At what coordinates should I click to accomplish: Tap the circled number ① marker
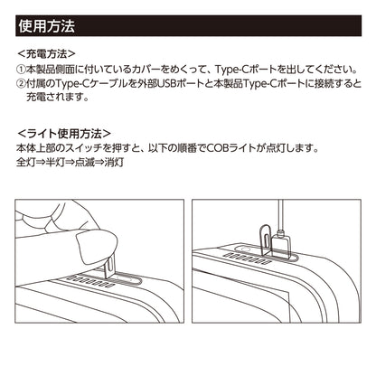click(x=23, y=69)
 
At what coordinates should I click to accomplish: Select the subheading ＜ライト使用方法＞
click(x=65, y=133)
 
